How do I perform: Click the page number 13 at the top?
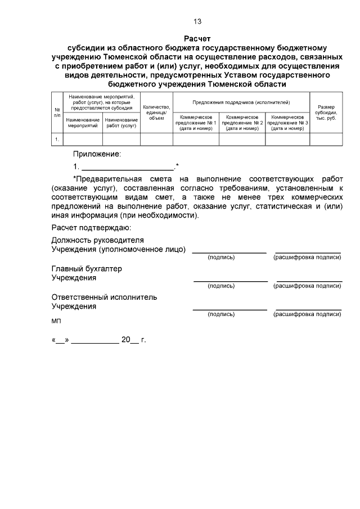pyautogui.click(x=197, y=22)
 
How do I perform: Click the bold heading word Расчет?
pyautogui.click(x=197, y=38)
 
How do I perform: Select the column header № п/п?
pyautogui.click(x=57, y=111)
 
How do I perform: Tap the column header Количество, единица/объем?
pyautogui.click(x=156, y=112)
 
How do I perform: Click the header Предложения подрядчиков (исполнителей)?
pyautogui.click(x=241, y=102)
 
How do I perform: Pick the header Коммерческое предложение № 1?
pyautogui.click(x=196, y=122)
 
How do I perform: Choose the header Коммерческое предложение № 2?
pyautogui.click(x=242, y=122)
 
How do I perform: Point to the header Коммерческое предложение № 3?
pyautogui.click(x=287, y=122)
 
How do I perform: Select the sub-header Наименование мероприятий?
pyautogui.click(x=83, y=123)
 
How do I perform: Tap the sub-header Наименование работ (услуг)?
pyautogui.click(x=121, y=123)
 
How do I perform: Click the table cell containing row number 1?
pyautogui.click(x=57, y=138)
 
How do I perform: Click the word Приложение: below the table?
pyautogui.click(x=97, y=154)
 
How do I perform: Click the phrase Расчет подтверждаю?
pyautogui.click(x=91, y=228)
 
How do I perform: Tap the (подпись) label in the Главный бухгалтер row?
pyautogui.click(x=221, y=286)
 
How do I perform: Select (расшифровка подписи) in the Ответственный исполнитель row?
pyautogui.click(x=307, y=315)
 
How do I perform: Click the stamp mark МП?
pyautogui.click(x=56, y=321)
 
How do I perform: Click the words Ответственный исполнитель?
pyautogui.click(x=104, y=297)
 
